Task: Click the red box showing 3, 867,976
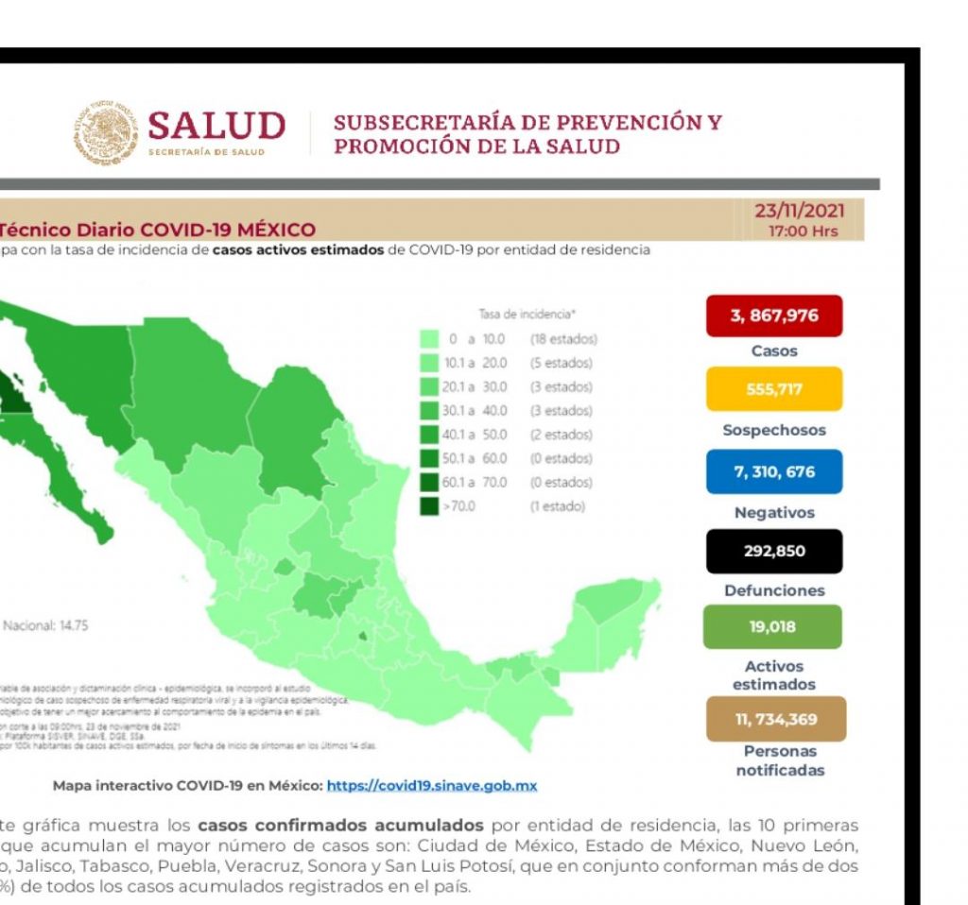click(773, 316)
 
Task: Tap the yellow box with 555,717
click(773, 388)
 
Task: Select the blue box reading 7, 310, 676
click(773, 471)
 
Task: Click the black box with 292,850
click(773, 551)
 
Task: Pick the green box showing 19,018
click(773, 625)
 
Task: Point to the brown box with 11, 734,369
click(775, 719)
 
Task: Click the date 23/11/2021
click(799, 211)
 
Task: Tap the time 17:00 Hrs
click(804, 231)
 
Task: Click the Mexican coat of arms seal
click(106, 134)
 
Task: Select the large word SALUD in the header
click(216, 126)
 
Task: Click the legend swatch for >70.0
click(428, 506)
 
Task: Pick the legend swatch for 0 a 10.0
click(428, 338)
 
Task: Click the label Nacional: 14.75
click(45, 625)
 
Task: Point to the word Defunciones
click(774, 590)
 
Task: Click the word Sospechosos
click(774, 430)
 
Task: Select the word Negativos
click(774, 513)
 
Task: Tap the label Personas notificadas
click(780, 760)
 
